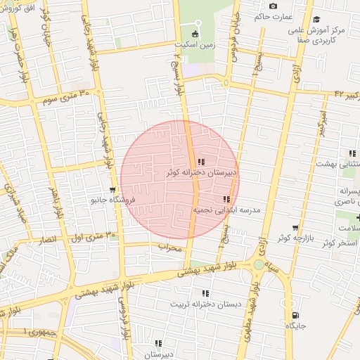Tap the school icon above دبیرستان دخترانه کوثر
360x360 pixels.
pyautogui.click(x=202, y=162)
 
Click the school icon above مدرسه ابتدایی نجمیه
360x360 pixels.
pyautogui.click(x=226, y=200)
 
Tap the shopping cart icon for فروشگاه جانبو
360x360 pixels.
pyautogui.click(x=112, y=190)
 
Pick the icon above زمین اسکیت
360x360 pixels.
pyautogui.click(x=195, y=32)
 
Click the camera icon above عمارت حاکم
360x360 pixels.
pyautogui.click(x=273, y=6)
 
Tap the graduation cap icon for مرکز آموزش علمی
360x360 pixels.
pyautogui.click(x=316, y=19)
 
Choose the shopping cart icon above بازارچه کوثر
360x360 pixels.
pyautogui.click(x=295, y=229)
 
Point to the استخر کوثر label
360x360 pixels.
pyautogui.click(x=340, y=243)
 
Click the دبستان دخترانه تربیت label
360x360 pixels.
pyautogui.click(x=206, y=304)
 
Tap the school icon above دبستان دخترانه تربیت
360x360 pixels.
pyautogui.click(x=205, y=293)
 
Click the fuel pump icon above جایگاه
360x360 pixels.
pyautogui.click(x=295, y=315)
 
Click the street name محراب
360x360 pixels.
pyautogui.click(x=170, y=248)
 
